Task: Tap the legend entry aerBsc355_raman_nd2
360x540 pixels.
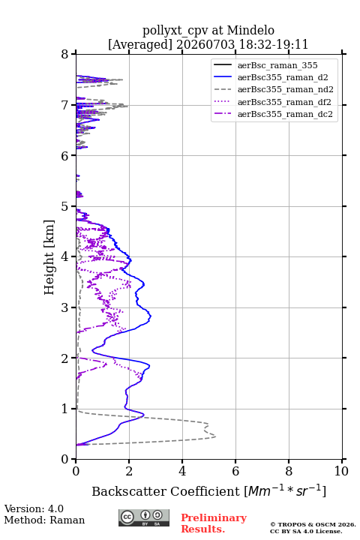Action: [x=274, y=89]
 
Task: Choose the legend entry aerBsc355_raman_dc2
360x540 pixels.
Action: [x=273, y=114]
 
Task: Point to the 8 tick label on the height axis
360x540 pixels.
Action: [x=65, y=54]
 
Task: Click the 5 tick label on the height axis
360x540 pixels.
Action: [x=65, y=206]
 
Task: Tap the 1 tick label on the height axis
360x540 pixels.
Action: [x=65, y=409]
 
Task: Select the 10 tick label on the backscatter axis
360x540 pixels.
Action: [x=341, y=471]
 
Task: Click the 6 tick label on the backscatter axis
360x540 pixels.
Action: [x=235, y=471]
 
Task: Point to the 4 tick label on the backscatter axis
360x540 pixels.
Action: [x=182, y=471]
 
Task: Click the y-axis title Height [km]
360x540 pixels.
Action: [x=49, y=257]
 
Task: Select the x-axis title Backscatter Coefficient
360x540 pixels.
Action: [x=165, y=491]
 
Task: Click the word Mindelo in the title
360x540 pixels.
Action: [x=250, y=30]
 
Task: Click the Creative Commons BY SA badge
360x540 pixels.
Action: [x=144, y=517]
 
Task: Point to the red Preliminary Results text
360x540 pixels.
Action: [x=214, y=523]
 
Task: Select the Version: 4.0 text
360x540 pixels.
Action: [x=34, y=508]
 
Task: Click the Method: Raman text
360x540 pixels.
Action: [x=44, y=520]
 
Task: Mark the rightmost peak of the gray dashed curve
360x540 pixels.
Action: [x=216, y=436]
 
